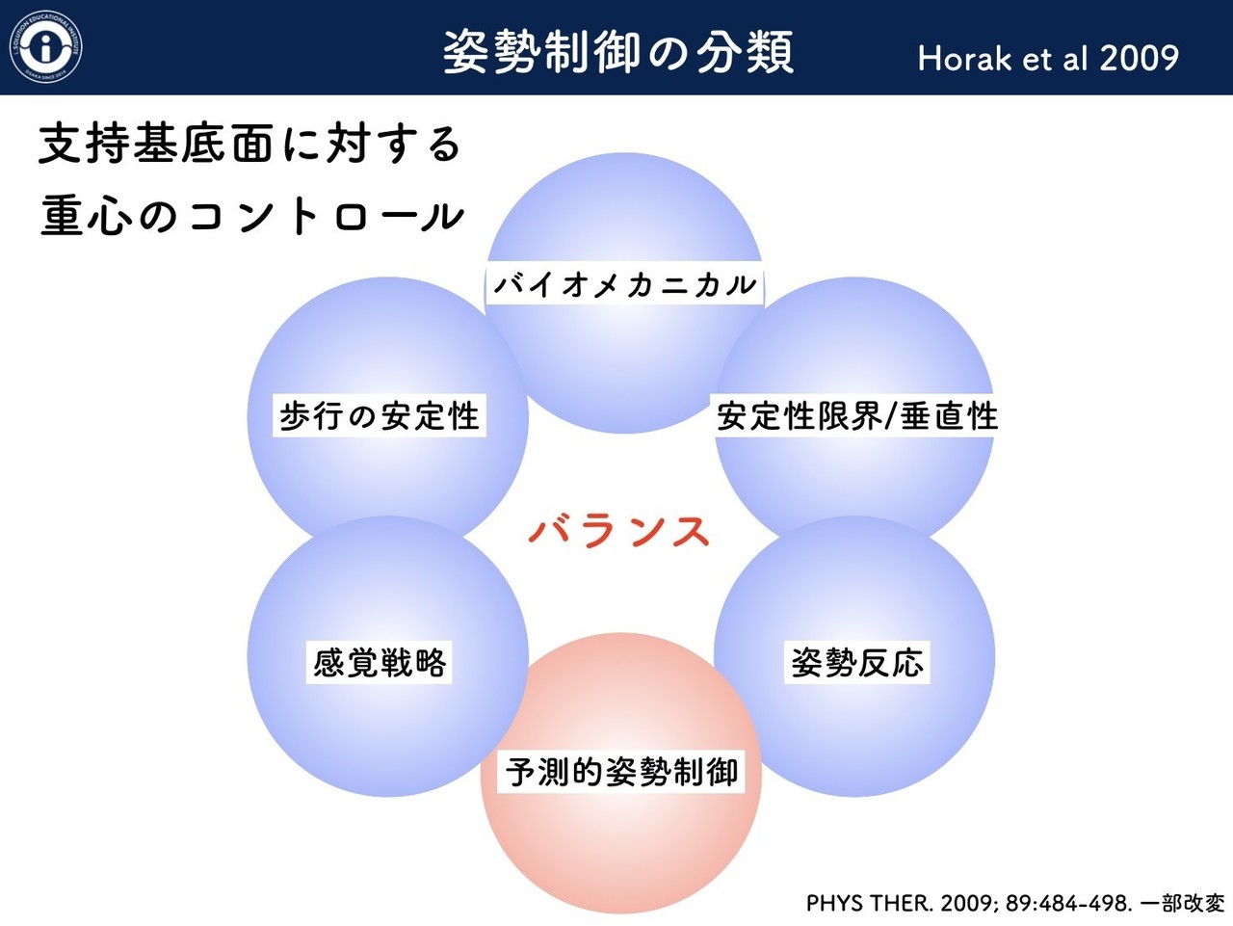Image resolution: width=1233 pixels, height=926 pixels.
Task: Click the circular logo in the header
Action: (x=46, y=46)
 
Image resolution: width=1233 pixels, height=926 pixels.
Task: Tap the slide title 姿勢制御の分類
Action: (x=618, y=52)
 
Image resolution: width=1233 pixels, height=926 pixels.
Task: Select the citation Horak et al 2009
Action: (x=1048, y=58)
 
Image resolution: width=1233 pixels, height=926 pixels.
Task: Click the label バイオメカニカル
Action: (x=624, y=284)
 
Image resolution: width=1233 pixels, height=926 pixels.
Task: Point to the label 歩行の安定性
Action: (x=380, y=416)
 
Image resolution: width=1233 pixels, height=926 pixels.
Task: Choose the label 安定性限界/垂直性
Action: (x=856, y=416)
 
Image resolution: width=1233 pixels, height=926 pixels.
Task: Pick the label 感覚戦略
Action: (x=380, y=663)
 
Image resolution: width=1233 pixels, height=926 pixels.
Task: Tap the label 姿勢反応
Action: (x=857, y=663)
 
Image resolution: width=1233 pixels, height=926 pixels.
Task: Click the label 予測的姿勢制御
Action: (x=621, y=772)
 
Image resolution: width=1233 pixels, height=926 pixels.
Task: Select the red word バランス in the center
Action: (x=619, y=532)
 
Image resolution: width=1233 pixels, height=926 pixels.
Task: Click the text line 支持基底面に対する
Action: (x=249, y=145)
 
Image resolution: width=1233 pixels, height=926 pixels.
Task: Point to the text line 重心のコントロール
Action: (x=251, y=215)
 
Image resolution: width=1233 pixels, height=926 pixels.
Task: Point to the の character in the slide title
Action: (x=669, y=53)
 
